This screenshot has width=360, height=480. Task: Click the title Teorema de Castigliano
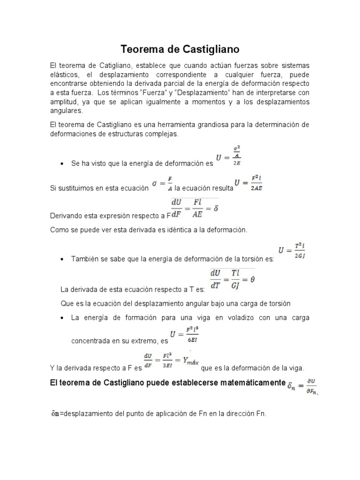pos(180,49)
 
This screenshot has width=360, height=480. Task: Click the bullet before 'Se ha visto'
pos(62,164)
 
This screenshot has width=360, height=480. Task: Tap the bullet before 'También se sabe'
pos(62,259)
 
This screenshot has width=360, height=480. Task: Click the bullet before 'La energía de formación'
pos(62,317)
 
